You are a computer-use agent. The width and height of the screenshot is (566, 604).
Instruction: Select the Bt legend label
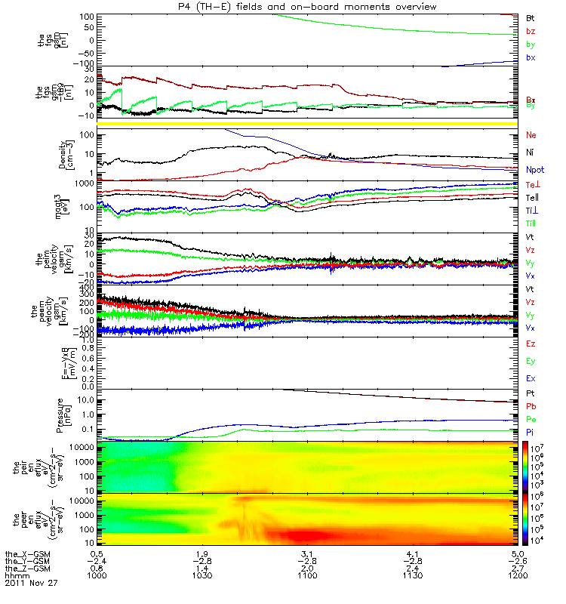click(531, 17)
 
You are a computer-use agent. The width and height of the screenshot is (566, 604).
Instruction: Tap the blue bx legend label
click(531, 58)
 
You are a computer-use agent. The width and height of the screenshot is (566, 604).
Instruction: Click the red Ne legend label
click(531, 135)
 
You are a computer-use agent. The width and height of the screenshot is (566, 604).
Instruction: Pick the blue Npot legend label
click(535, 171)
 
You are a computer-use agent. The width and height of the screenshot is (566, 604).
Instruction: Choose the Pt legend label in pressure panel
click(531, 394)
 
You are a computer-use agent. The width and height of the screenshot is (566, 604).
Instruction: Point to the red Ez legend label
click(531, 344)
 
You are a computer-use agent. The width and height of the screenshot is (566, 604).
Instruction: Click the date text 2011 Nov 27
click(31, 583)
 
